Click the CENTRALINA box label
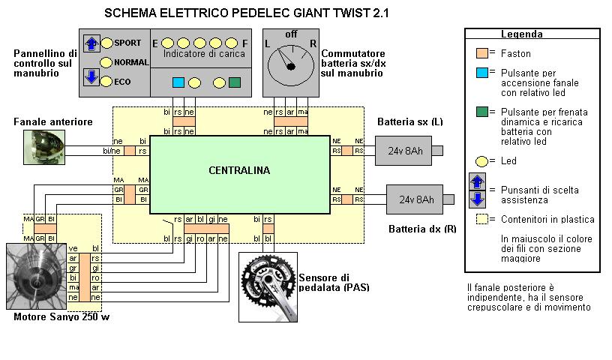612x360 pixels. (239, 170)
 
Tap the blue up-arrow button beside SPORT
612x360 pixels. (91, 43)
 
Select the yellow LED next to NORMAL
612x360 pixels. (106, 62)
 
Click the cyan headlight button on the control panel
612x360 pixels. (178, 82)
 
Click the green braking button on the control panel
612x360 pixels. (234, 82)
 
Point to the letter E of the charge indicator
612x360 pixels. (155, 43)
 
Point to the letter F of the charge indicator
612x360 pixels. (245, 43)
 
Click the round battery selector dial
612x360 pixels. (290, 66)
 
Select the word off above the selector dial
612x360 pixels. (290, 34)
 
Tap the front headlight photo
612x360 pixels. (44, 147)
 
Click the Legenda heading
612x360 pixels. (521, 34)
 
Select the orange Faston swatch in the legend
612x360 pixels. (481, 53)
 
